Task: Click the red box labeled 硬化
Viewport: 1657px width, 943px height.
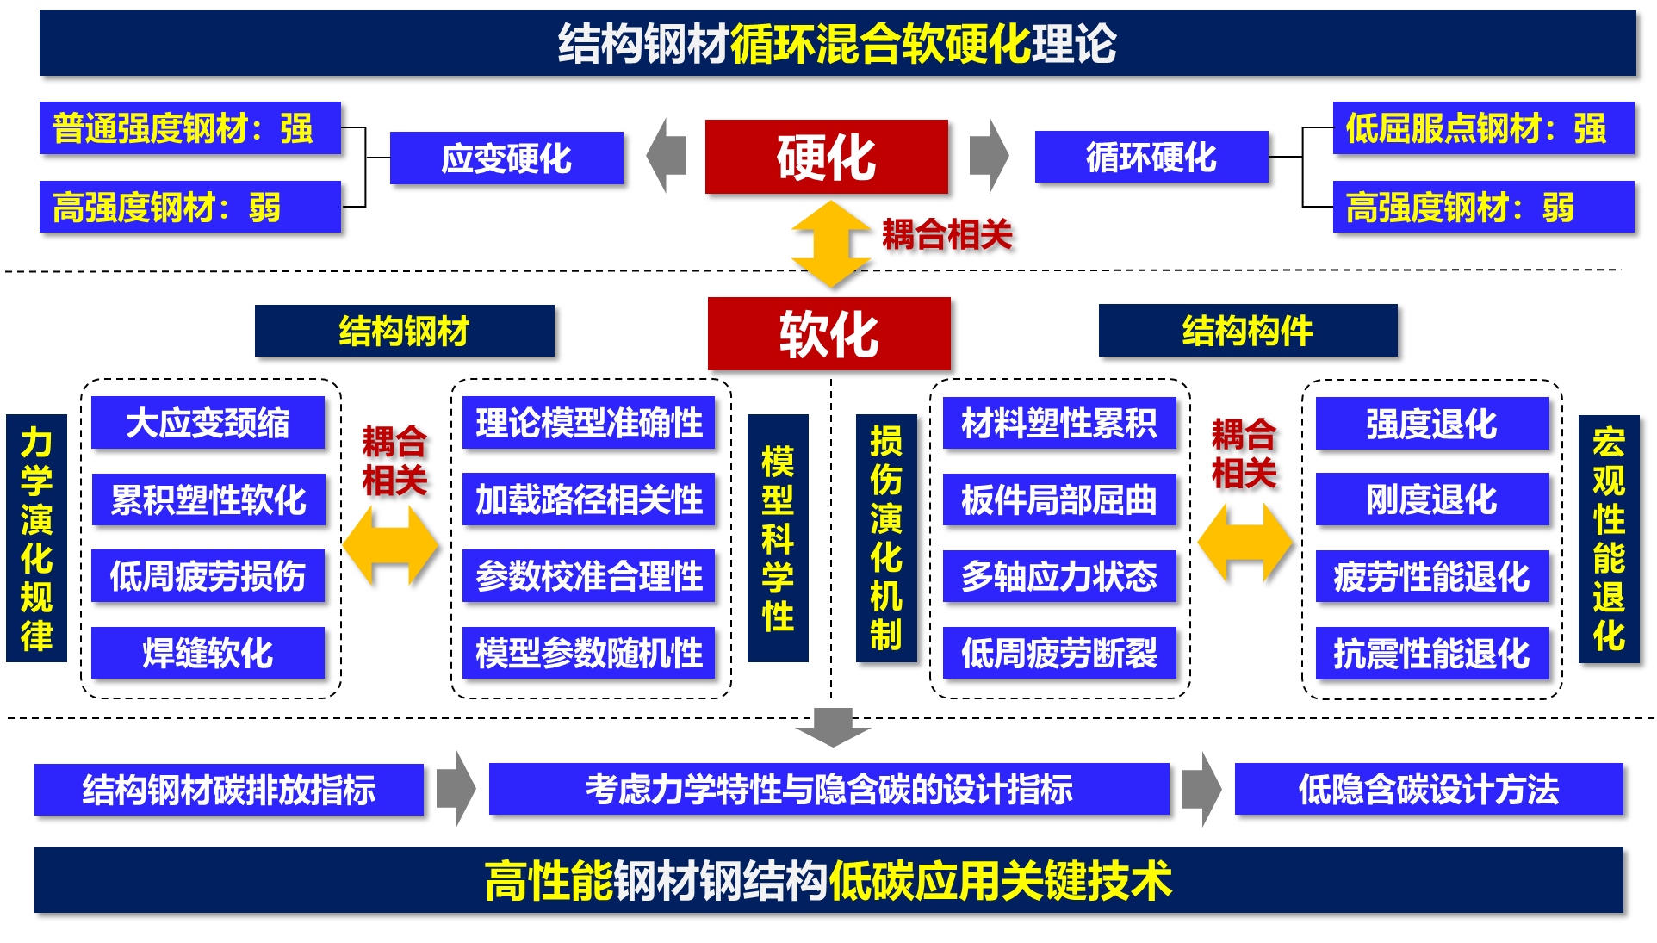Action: (826, 157)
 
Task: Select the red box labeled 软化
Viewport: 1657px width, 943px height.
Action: (828, 333)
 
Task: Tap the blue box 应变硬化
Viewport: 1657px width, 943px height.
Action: (506, 158)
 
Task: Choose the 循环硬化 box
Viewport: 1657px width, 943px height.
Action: (1151, 157)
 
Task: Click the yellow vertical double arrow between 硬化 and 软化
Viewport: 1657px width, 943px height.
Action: (830, 244)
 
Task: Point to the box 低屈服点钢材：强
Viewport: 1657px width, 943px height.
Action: (1482, 128)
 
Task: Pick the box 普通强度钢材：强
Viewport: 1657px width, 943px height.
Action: (189, 128)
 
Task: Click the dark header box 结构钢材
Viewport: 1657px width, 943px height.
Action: (404, 331)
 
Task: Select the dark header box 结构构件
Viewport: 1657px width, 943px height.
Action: (1247, 330)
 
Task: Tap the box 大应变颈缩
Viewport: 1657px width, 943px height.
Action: (208, 423)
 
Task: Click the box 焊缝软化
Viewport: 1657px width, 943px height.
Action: (208, 653)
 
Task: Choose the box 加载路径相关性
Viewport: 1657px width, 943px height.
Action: (588, 499)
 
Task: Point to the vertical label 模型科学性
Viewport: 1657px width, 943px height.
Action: (778, 538)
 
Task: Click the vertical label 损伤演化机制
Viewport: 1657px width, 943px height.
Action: (885, 538)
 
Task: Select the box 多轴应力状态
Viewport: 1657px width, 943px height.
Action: (1058, 576)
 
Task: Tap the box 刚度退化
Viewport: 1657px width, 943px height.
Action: (1431, 499)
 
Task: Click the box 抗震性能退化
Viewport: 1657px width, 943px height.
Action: (1431, 654)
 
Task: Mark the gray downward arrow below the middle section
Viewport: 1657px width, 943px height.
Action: (833, 727)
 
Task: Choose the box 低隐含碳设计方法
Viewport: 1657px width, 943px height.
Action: (1428, 789)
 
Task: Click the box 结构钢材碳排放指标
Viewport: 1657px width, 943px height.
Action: (228, 790)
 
